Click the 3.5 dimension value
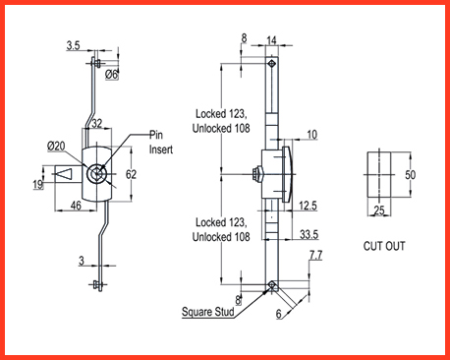point(73,45)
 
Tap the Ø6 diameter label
point(111,75)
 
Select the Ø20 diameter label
point(56,146)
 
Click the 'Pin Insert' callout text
point(160,142)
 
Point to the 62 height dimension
point(131,174)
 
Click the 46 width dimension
point(76,206)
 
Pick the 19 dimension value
point(38,185)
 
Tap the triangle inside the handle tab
point(65,174)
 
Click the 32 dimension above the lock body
point(96,124)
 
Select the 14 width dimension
point(271,40)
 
